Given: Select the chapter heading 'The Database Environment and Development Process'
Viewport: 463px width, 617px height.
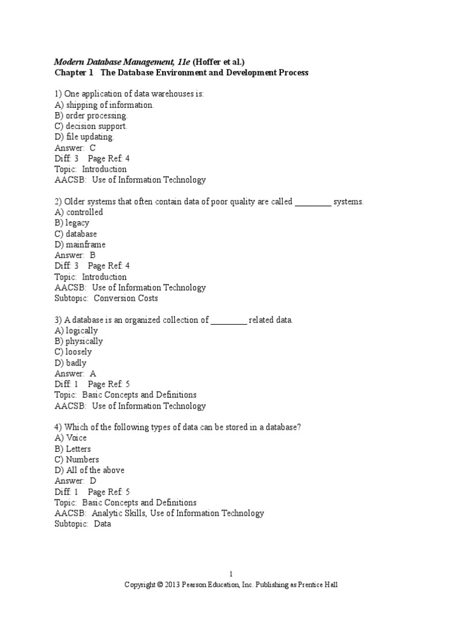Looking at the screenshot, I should click(204, 72).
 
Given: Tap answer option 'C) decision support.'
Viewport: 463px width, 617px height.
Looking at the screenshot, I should click(90, 127).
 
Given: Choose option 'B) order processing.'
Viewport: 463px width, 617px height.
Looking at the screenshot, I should click(91, 116).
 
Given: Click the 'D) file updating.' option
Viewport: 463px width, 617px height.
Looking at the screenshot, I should click(84, 137).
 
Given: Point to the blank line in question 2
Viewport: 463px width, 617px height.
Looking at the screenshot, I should click(313, 202).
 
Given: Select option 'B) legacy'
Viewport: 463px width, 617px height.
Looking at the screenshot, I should click(72, 223).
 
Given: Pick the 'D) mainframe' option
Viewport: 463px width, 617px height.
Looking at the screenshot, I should click(80, 245).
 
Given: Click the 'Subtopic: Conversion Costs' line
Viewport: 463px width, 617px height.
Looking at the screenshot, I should click(106, 298).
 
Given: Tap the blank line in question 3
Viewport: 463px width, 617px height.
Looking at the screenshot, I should click(228, 321).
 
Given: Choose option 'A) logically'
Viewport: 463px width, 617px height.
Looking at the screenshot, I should click(76, 331).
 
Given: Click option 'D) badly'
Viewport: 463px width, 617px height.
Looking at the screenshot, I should click(71, 363).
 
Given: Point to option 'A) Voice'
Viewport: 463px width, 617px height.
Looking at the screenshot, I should click(71, 438).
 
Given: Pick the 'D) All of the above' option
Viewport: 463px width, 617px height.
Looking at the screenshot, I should click(89, 470).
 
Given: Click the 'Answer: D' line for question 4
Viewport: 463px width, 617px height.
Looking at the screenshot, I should click(75, 481).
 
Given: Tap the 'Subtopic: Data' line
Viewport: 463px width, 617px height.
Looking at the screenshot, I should click(83, 524).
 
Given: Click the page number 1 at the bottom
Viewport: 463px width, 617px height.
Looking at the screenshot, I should click(231, 574).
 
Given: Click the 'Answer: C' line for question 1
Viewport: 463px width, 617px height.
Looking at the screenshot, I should click(75, 148).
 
